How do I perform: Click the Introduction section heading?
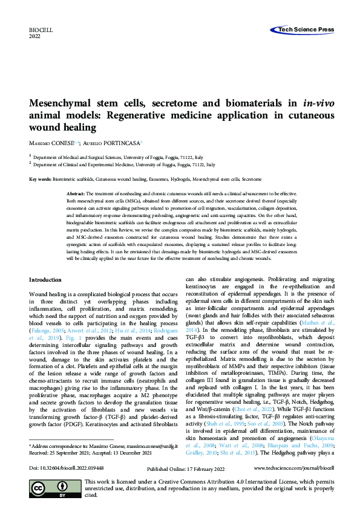[45, 280]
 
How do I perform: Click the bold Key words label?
[40, 180]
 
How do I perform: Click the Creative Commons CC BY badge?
[55, 490]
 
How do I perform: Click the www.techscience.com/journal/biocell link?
[293, 468]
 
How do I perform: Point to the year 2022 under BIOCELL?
[35, 36]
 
